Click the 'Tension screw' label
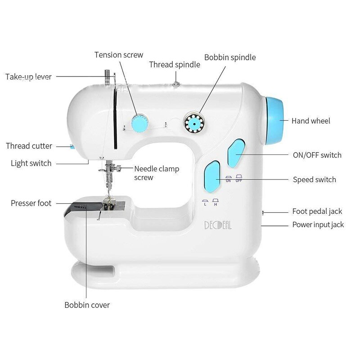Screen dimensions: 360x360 (x=119, y=55)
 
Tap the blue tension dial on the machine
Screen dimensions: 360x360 (x=139, y=122)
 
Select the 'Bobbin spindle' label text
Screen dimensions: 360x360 (x=230, y=58)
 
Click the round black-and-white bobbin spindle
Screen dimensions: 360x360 (x=194, y=122)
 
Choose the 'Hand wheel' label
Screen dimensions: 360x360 (x=310, y=121)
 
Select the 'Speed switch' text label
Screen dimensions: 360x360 (x=315, y=180)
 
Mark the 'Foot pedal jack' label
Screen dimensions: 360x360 (x=317, y=211)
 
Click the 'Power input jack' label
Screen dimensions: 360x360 (x=318, y=225)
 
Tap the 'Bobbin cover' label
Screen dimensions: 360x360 (x=87, y=305)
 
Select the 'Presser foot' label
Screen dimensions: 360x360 (x=31, y=203)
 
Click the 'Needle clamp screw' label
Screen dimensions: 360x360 (x=156, y=173)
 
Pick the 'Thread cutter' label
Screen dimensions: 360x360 (x=29, y=146)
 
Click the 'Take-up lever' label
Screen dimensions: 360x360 (x=28, y=77)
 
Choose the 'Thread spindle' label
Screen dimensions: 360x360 (x=175, y=65)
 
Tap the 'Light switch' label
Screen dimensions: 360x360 (x=31, y=163)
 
